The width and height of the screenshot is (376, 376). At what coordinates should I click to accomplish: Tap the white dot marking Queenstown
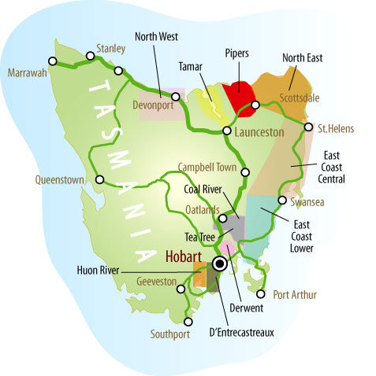coord(99,179)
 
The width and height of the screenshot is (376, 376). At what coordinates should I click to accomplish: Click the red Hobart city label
coord(185,256)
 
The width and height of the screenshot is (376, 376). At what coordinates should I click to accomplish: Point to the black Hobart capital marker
coord(220,264)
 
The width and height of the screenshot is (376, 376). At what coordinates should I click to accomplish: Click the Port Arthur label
coord(295,295)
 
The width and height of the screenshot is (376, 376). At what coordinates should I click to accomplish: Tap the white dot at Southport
coord(188,321)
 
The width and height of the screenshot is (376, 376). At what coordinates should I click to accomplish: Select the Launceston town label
coord(259,133)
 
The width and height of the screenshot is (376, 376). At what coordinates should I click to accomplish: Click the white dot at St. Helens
coord(308,127)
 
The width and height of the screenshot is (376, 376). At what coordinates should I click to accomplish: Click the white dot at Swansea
coord(281,200)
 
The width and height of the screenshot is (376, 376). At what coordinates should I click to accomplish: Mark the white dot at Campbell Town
coord(244,169)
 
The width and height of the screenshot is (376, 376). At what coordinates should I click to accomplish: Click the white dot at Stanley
coord(118,70)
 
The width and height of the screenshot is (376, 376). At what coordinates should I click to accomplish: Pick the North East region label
coord(303,57)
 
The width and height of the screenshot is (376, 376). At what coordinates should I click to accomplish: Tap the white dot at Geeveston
coord(182,289)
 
